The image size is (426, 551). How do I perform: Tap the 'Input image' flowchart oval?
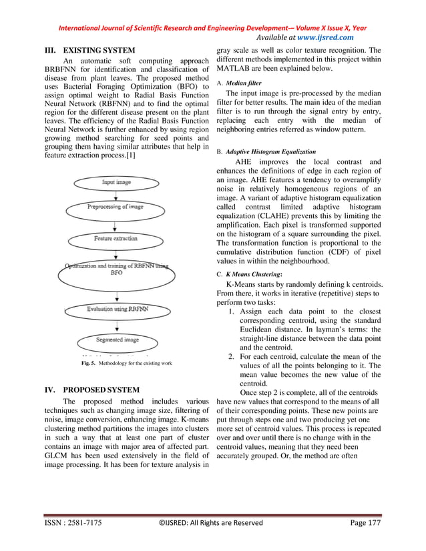point(116,181)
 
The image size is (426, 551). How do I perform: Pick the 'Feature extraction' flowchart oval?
point(116,238)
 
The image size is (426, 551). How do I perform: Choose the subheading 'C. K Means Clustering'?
point(250,273)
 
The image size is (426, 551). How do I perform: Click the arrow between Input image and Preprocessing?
point(116,194)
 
